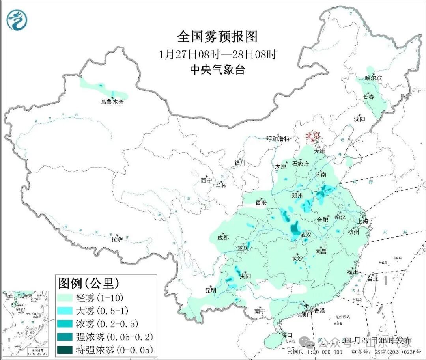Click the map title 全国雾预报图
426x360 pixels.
217,37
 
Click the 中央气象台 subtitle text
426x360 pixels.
217,70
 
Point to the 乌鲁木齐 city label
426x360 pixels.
112,102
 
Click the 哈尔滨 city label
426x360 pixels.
373,78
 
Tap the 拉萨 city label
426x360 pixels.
117,239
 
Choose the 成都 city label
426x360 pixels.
222,237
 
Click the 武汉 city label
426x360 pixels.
306,235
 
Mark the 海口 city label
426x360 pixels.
284,334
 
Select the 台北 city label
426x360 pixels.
372,278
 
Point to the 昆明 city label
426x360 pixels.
211,290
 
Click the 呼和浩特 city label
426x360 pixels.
278,139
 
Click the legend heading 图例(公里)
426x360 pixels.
88,283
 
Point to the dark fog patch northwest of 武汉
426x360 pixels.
294,228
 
